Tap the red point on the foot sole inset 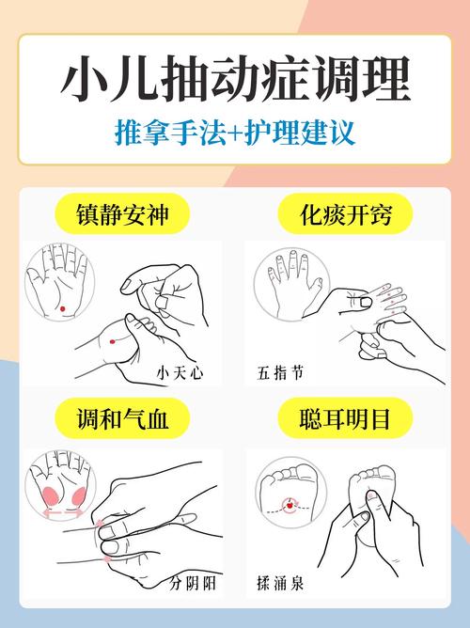pos(290,505)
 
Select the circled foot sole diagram pos(288,494)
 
